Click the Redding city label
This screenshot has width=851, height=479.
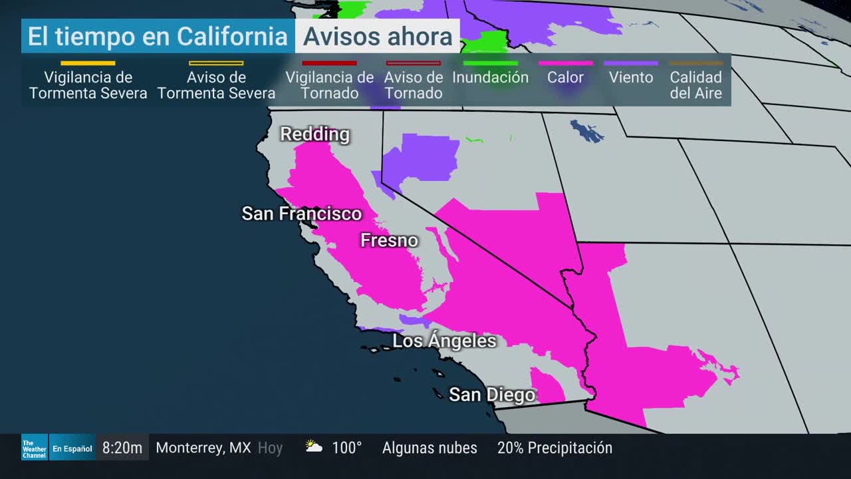314,134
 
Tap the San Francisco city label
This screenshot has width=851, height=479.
301,214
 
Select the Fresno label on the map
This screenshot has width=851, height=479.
389,240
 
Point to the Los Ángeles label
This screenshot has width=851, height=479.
444,341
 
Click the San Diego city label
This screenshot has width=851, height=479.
492,395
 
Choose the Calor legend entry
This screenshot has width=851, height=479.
565,77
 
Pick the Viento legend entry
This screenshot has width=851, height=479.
630,77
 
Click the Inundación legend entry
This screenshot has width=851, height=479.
490,77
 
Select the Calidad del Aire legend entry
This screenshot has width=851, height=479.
695,85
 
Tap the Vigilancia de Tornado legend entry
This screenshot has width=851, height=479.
329,85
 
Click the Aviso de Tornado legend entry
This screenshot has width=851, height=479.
413,85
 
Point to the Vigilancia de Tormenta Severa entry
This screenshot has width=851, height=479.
88,85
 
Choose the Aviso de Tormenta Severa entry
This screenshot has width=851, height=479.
216,85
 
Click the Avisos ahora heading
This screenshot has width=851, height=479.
378,37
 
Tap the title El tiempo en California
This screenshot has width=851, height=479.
158,37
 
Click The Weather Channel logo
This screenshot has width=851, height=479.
34,448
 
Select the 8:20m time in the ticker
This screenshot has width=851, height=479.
122,448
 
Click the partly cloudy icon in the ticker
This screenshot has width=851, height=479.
314,447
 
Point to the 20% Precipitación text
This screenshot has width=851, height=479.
554,448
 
